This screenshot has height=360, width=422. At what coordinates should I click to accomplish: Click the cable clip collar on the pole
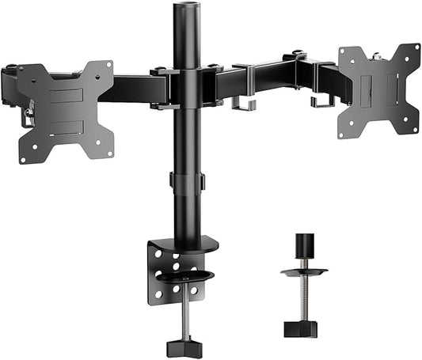coord(187,180)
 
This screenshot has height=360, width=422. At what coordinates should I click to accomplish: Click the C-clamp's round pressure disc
coord(186,278)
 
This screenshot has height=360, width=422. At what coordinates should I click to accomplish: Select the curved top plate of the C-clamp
coord(190,244)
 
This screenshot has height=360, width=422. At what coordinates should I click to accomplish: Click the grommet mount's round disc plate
coord(305,271)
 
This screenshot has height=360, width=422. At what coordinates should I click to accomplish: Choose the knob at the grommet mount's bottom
coord(305,328)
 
